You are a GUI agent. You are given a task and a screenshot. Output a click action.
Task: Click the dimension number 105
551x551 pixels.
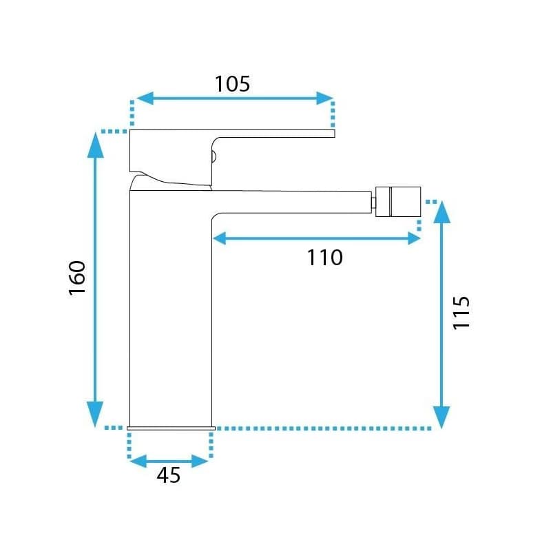tap(232, 84)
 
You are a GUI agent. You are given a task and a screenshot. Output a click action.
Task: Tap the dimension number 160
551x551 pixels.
tap(77, 278)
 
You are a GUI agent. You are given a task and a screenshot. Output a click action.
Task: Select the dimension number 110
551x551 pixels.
tap(324, 258)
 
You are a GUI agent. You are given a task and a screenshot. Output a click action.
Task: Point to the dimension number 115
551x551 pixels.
tap(461, 313)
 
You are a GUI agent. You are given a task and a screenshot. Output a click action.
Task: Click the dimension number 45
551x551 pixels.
tap(168, 475)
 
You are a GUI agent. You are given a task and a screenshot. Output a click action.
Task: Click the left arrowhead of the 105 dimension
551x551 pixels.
tap(145, 98)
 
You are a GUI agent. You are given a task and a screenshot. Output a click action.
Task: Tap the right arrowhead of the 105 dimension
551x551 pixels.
tap(324, 98)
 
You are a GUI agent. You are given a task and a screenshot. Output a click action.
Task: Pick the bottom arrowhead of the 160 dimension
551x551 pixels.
tap(95, 414)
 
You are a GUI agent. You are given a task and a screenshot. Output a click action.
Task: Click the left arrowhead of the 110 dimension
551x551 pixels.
tap(220, 238)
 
